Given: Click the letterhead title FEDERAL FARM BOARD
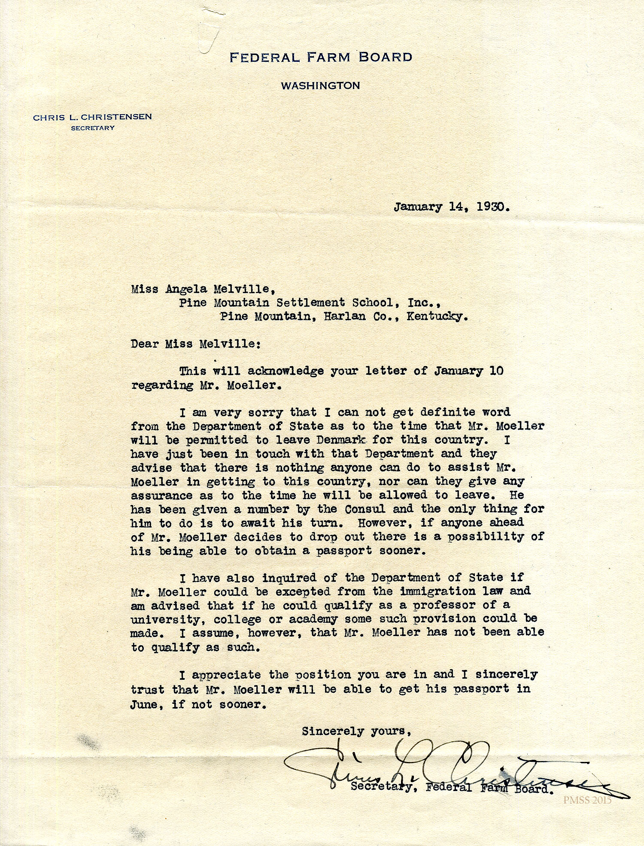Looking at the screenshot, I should point(321,57).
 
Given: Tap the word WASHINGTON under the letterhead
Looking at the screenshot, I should point(320,85).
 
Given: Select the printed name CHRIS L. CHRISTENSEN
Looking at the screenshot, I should point(92,117).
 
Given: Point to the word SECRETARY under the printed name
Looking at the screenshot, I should point(93,128).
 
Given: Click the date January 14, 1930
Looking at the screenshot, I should point(452,207).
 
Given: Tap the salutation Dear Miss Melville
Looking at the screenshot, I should point(196,344).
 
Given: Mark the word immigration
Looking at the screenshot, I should point(437,591).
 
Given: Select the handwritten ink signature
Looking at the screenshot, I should point(429,768).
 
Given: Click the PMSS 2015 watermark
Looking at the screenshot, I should point(587,800).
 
